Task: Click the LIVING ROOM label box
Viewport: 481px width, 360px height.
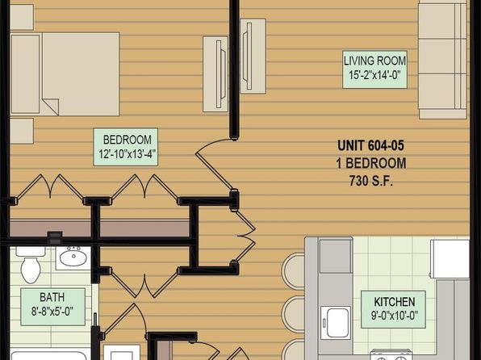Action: tap(374, 69)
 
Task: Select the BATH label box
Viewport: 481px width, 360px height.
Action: tap(52, 307)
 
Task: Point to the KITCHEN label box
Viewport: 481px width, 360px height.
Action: tap(393, 309)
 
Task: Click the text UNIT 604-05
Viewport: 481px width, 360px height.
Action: tap(371, 145)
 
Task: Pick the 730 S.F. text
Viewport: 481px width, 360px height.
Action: tap(371, 181)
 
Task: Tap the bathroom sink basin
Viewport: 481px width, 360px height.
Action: tap(73, 257)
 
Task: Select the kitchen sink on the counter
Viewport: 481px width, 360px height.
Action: tap(336, 323)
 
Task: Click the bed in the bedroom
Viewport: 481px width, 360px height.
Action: tap(65, 74)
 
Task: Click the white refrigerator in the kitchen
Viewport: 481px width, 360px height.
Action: tap(450, 259)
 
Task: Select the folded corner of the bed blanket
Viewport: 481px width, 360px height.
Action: tap(50, 107)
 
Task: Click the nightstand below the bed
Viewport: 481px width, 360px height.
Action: tap(22, 131)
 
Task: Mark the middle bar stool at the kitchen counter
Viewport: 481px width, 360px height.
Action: tap(293, 314)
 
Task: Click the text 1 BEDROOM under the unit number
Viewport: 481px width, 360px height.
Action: tap(371, 163)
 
